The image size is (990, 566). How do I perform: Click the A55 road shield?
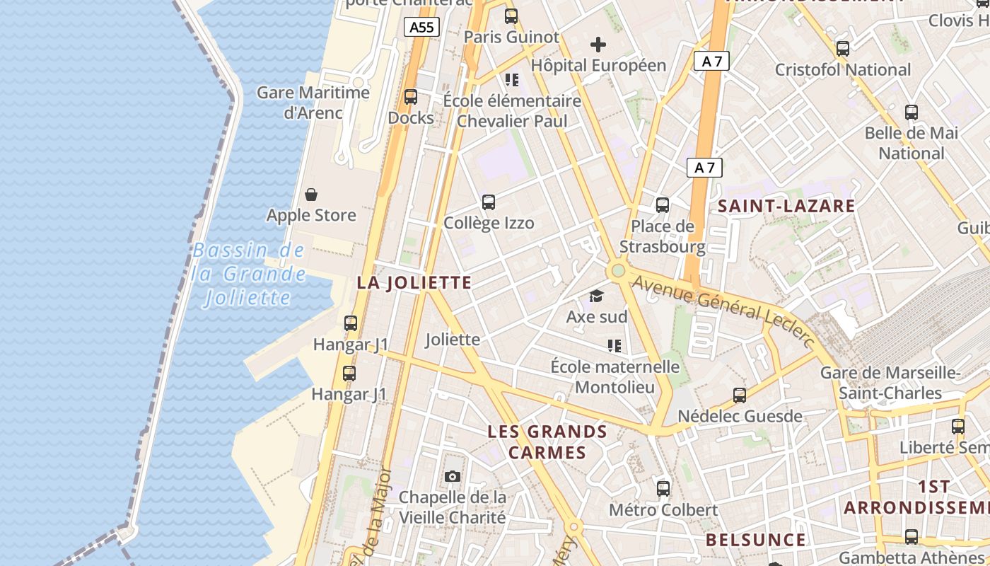[x=422, y=28]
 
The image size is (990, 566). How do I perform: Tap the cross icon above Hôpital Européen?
[x=598, y=45]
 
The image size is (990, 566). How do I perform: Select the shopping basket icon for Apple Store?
[x=311, y=195]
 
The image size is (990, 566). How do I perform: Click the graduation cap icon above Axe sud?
[x=597, y=296]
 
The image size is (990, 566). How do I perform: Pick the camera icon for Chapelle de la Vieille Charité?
[x=453, y=477]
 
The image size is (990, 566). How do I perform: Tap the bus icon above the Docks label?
[x=411, y=97]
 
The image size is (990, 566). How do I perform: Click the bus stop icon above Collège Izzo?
[x=489, y=202]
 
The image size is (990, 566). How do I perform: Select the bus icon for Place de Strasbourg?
[x=663, y=205]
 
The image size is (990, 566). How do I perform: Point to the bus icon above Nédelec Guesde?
[x=740, y=395]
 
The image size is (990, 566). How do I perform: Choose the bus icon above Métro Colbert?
[x=663, y=488]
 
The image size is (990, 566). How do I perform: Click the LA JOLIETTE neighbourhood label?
[x=414, y=283]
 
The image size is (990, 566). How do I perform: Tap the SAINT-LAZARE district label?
[x=786, y=207]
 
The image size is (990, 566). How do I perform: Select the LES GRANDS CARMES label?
[x=547, y=442]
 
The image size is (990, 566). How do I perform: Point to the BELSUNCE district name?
[x=755, y=541]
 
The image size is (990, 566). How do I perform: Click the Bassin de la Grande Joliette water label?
[x=249, y=274]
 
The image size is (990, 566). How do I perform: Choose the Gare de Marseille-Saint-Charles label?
[x=890, y=383]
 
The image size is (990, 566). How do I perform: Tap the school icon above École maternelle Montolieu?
[x=615, y=346]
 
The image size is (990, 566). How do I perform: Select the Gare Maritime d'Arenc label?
[x=313, y=103]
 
